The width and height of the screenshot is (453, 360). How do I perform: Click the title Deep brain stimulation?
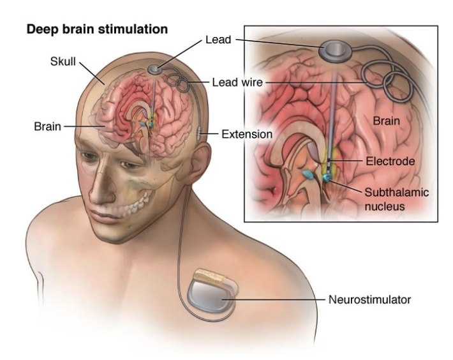(x=96, y=30)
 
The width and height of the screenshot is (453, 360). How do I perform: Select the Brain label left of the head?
(x=47, y=126)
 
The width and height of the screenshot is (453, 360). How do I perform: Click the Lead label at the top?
(x=218, y=40)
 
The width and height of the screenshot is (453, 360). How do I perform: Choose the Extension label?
(x=247, y=134)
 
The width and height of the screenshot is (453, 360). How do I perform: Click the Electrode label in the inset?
(x=390, y=161)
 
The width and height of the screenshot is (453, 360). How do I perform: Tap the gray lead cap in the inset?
(x=336, y=50)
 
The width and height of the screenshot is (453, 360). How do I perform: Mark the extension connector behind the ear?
(x=200, y=133)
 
